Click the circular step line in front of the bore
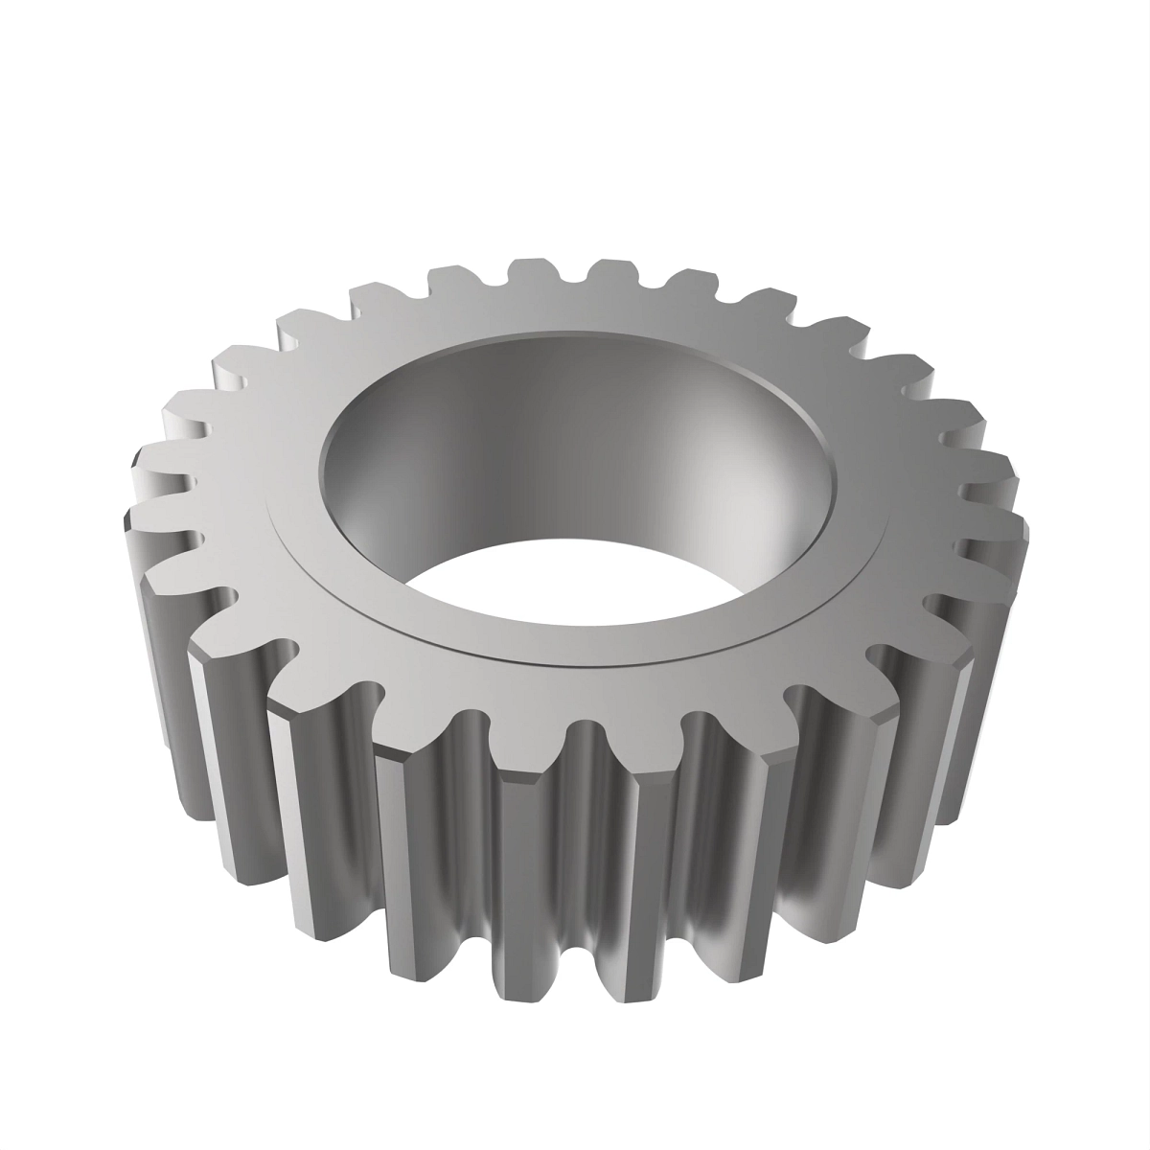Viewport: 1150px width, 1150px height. pos(575,664)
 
